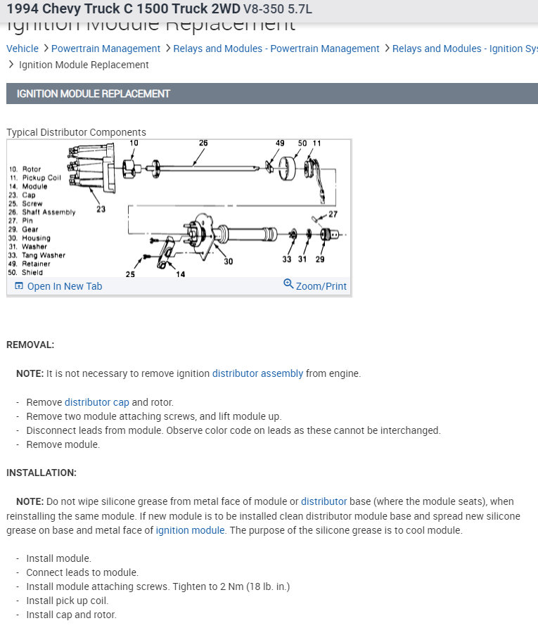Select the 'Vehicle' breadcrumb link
coord(23,49)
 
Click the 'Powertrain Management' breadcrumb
coord(105,49)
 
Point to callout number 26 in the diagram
coord(203,143)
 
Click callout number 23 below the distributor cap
coord(101,209)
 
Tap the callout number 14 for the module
coord(181,274)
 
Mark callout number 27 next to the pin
coord(333,214)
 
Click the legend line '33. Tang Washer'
coord(37,255)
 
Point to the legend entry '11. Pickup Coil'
coord(34,178)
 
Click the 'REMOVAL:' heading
coord(30,345)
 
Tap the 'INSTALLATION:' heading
coord(41,473)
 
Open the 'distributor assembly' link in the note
coord(257,373)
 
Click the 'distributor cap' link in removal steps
coord(97,402)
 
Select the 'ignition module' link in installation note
coord(191,530)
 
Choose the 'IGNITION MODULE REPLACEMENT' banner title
coord(94,94)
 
